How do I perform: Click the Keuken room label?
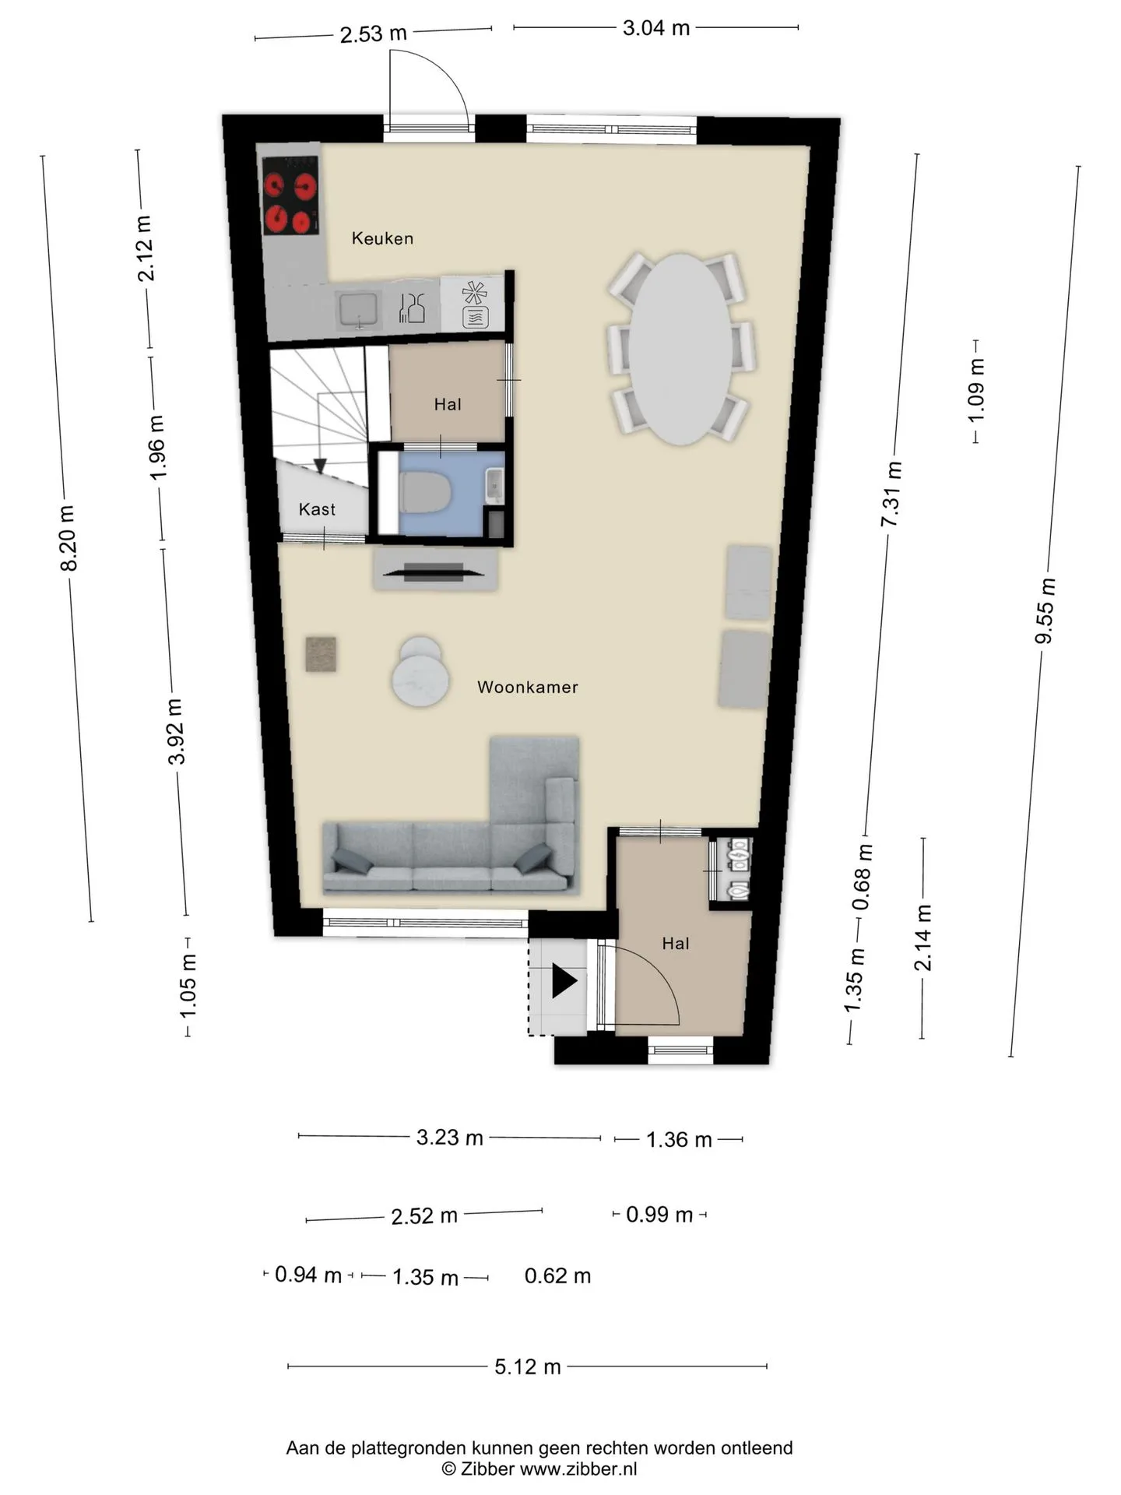[x=382, y=238]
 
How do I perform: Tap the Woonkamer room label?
[x=528, y=687]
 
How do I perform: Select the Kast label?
[x=317, y=509]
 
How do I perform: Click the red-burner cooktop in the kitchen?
[x=291, y=195]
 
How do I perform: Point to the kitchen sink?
[x=358, y=309]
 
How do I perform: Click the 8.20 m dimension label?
[x=69, y=538]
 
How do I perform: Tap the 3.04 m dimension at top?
[x=656, y=28]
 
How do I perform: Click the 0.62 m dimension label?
[x=558, y=1276]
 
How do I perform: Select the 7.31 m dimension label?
[x=892, y=494]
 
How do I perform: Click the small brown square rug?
[x=321, y=654]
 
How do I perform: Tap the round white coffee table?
[x=420, y=673]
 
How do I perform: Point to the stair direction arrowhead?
[x=320, y=466]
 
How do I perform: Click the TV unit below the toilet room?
[x=435, y=571]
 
